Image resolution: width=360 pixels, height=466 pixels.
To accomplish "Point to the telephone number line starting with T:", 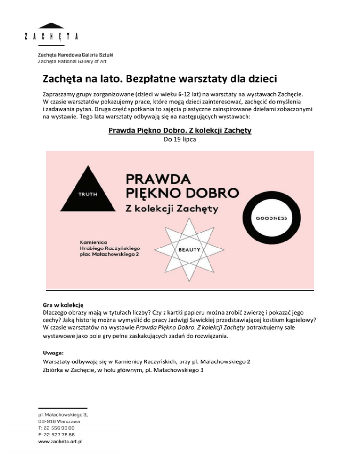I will tap(55, 428).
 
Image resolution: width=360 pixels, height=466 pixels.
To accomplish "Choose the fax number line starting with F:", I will tap(55, 435).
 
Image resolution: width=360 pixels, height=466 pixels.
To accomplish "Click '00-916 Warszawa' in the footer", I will tap(58, 421).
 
